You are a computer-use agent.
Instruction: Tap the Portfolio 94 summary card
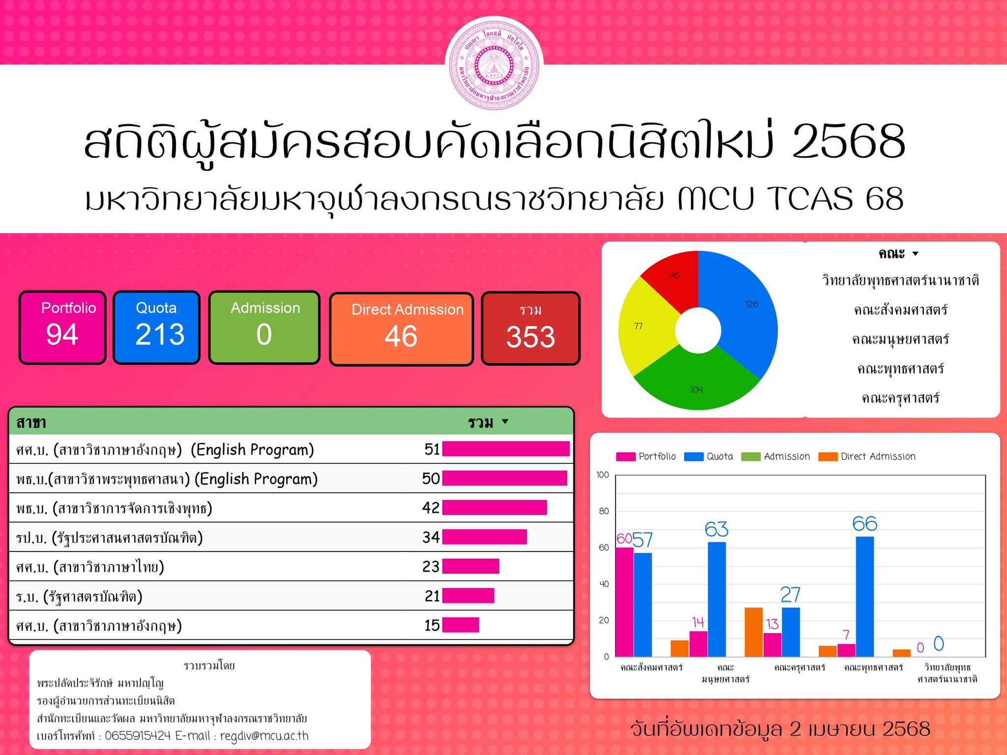(x=62, y=327)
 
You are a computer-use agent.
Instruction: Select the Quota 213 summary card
(x=157, y=327)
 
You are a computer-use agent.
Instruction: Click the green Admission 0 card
(x=265, y=327)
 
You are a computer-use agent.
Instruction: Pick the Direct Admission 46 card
(x=401, y=329)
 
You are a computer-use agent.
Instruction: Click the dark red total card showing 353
(x=531, y=329)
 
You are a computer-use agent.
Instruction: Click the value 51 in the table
(x=432, y=449)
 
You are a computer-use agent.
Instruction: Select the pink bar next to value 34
(x=484, y=537)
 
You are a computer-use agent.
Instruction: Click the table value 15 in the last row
(x=432, y=625)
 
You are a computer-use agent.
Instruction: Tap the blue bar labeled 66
(x=865, y=597)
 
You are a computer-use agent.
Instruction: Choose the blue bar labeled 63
(x=717, y=599)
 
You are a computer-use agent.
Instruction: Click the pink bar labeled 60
(x=624, y=602)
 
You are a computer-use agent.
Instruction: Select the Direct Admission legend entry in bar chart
(x=867, y=457)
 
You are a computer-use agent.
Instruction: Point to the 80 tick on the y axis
(x=604, y=511)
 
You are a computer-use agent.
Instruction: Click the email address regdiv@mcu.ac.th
(x=265, y=736)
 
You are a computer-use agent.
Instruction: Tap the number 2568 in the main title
(x=849, y=141)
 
